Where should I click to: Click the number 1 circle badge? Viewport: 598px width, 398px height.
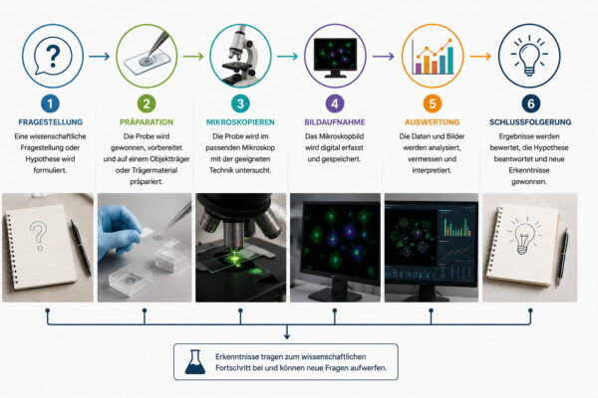pyautogui.click(x=51, y=103)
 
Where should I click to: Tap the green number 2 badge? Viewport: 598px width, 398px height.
pyautogui.click(x=147, y=103)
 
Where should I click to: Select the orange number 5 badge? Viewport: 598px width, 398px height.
pyautogui.click(x=433, y=103)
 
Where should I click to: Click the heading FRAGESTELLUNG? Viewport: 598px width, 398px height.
pyautogui.click(x=51, y=122)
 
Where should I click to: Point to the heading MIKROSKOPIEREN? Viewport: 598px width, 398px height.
pyautogui.click(x=240, y=122)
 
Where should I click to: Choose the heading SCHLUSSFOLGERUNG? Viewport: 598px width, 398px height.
pyautogui.click(x=530, y=122)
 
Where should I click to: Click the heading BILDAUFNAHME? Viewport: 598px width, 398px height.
pyautogui.click(x=335, y=122)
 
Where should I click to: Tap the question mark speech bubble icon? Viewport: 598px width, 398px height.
pyautogui.click(x=53, y=57)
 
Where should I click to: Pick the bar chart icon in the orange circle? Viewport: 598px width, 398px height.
pyautogui.click(x=433, y=57)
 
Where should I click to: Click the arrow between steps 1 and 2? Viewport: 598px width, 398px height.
pyautogui.click(x=99, y=57)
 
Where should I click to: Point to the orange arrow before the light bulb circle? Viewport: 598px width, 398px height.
pyautogui.click(x=480, y=57)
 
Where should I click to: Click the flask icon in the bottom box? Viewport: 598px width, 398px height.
pyautogui.click(x=195, y=362)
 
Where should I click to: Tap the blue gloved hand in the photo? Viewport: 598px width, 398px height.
pyautogui.click(x=119, y=231)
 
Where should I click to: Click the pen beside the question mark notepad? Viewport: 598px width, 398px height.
pyautogui.click(x=81, y=248)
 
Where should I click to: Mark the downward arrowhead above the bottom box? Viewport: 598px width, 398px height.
pyautogui.click(x=287, y=335)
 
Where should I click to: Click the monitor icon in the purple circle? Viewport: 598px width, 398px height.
pyautogui.click(x=335, y=57)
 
